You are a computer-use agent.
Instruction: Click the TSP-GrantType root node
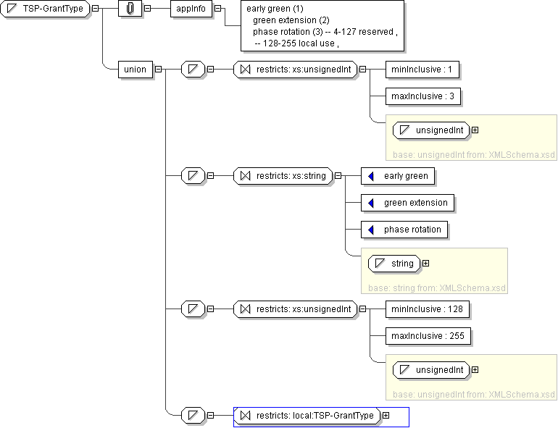click(x=47, y=9)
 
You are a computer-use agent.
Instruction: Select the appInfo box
click(x=191, y=9)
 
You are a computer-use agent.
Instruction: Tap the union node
click(x=136, y=70)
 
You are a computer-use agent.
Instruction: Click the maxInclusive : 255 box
click(x=428, y=336)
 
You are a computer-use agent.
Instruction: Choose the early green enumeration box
click(x=398, y=176)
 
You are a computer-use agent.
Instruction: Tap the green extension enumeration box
click(x=408, y=203)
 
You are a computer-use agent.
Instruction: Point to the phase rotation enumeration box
click(x=404, y=230)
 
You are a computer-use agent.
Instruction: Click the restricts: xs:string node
click(x=283, y=176)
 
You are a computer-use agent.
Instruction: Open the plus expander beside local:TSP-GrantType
click(x=386, y=416)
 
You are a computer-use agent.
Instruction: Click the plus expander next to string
click(x=425, y=264)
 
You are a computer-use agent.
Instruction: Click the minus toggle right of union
click(x=158, y=70)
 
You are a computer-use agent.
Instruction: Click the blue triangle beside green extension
click(x=371, y=203)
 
